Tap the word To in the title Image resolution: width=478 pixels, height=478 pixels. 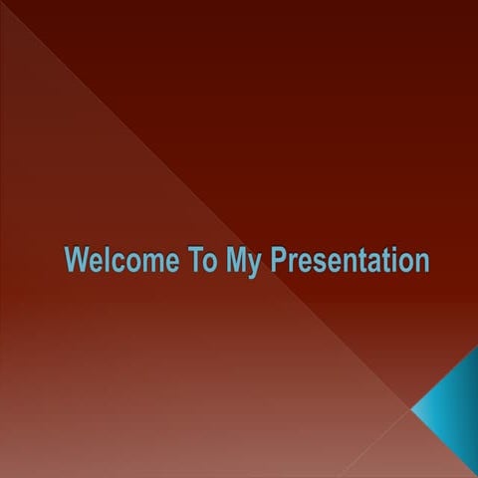click(x=198, y=261)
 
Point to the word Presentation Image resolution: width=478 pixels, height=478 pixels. click(x=350, y=261)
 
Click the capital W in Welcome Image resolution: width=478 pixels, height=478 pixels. click(x=77, y=261)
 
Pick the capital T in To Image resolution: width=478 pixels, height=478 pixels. click(x=192, y=261)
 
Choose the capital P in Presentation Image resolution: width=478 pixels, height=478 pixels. click(x=278, y=261)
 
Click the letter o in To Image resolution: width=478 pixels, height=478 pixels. click(x=206, y=263)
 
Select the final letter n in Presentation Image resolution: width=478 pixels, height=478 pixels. click(x=422, y=263)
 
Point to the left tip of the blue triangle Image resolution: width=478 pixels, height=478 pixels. click(x=411, y=408)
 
